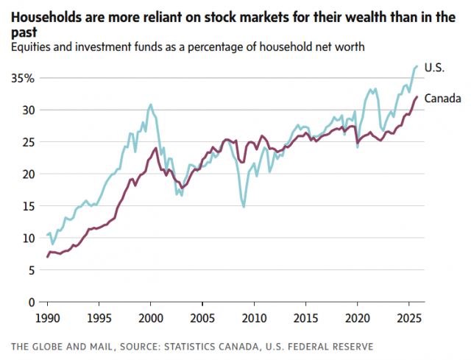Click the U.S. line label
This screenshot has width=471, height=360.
(x=435, y=68)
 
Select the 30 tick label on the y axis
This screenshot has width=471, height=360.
(x=27, y=110)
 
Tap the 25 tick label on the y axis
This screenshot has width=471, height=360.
(x=27, y=142)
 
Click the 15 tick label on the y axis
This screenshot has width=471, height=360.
(x=27, y=206)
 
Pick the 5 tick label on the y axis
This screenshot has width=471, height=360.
(x=30, y=270)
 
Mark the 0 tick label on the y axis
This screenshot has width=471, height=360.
(x=30, y=302)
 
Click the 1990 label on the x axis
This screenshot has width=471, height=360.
(x=48, y=320)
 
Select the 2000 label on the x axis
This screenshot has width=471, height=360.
(x=151, y=320)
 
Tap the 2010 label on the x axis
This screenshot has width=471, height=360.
(x=254, y=320)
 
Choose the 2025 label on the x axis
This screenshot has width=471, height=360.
(x=408, y=320)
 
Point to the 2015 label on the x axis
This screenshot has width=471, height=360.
(x=305, y=320)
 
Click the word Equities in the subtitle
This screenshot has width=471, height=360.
(x=32, y=48)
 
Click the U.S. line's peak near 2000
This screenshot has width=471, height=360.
(x=150, y=105)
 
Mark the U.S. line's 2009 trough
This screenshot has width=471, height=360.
(x=244, y=207)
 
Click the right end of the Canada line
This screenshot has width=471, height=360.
(x=417, y=97)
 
